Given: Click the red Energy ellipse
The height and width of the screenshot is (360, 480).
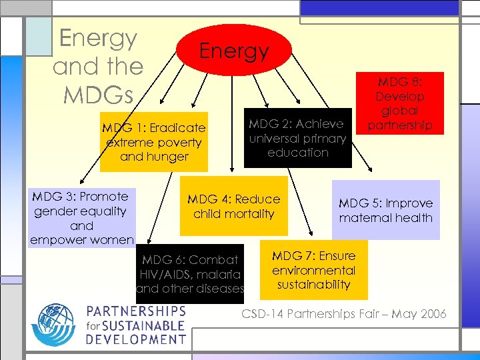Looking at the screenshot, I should click(x=233, y=51).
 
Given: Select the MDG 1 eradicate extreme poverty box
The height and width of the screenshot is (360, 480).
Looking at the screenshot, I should click(x=154, y=142).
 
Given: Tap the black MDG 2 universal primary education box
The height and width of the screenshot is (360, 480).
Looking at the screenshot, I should click(x=297, y=138).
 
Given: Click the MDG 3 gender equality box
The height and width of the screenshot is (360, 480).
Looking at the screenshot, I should click(x=81, y=217).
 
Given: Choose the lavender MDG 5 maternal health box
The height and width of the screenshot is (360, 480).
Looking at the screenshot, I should click(x=385, y=210).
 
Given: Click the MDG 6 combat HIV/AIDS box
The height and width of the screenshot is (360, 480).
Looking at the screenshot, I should click(x=190, y=274).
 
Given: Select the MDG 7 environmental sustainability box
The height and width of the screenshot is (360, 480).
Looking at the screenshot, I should click(x=313, y=270).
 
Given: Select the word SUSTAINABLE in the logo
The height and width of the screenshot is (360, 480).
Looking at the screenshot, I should click(x=144, y=325).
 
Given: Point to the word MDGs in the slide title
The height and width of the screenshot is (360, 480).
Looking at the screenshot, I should click(x=98, y=94).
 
